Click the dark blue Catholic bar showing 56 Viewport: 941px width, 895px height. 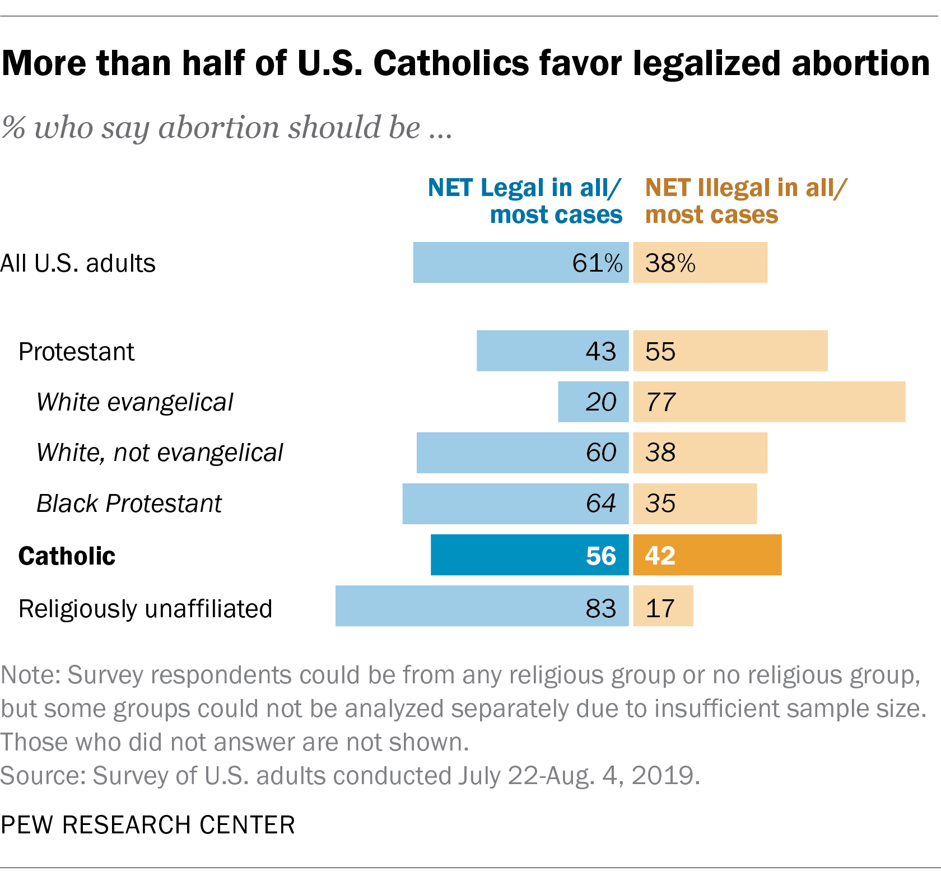point(529,554)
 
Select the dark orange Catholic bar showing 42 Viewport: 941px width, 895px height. point(707,554)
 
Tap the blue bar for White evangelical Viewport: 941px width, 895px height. point(593,402)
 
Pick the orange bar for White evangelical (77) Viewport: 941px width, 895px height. point(768,402)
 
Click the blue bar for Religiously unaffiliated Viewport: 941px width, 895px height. point(482,605)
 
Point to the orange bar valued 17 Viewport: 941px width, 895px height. point(663,605)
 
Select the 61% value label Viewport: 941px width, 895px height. point(597,263)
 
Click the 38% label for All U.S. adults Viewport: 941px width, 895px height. point(670,263)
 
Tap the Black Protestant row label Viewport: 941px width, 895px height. point(129,503)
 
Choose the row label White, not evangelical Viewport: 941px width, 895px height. point(160,453)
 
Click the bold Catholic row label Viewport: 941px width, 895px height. point(67,556)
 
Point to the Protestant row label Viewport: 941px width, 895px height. point(76,352)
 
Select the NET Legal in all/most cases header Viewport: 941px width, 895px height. point(525,201)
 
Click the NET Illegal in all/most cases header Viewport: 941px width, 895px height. point(745,201)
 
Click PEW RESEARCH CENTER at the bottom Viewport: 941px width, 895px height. point(148,824)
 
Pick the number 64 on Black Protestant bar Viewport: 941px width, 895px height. point(600,503)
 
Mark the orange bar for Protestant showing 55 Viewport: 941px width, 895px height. point(730,351)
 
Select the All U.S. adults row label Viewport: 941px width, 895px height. point(78,263)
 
